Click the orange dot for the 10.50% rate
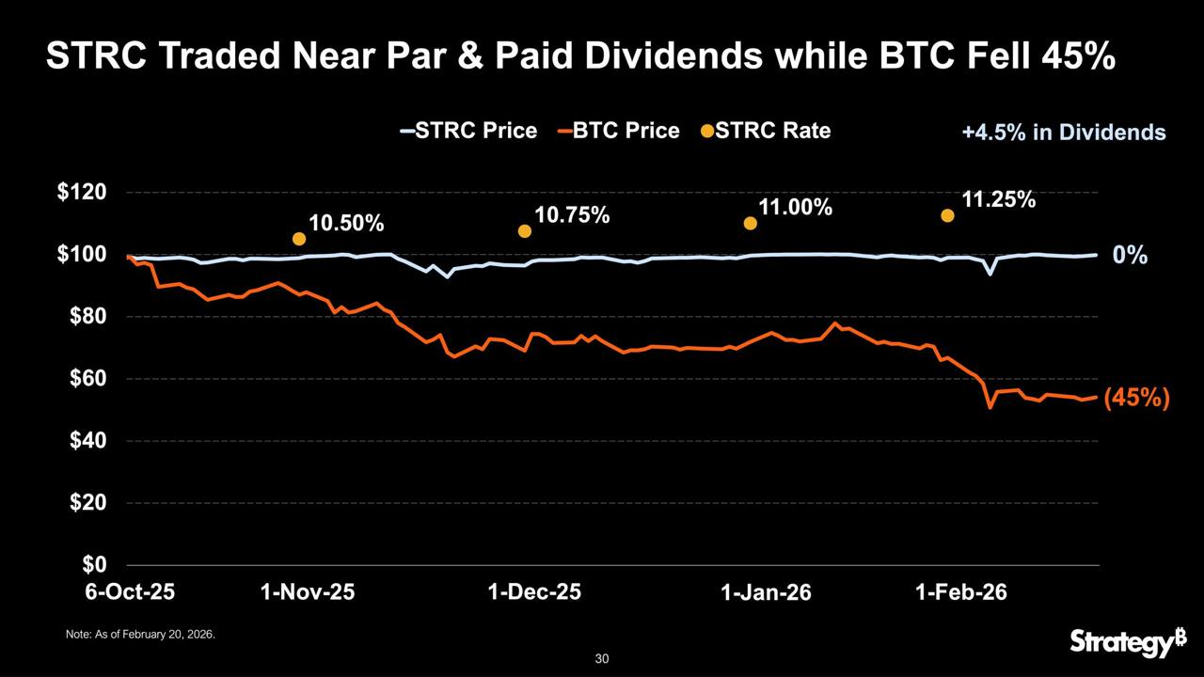point(299,239)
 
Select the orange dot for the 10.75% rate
point(525,231)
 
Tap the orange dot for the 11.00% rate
point(751,224)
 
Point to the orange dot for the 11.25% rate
point(947,215)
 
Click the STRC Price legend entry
point(469,131)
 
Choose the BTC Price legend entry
point(619,131)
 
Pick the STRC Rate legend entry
point(766,131)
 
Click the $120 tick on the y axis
point(83,193)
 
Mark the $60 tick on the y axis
point(87,379)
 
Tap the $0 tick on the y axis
point(93,565)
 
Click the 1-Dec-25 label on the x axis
point(536,592)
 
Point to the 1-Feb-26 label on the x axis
point(961,592)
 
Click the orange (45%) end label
point(1136,399)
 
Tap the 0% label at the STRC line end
point(1130,255)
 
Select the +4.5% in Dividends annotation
point(1063,133)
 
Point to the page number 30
point(602,659)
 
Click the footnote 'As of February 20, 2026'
point(141,636)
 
